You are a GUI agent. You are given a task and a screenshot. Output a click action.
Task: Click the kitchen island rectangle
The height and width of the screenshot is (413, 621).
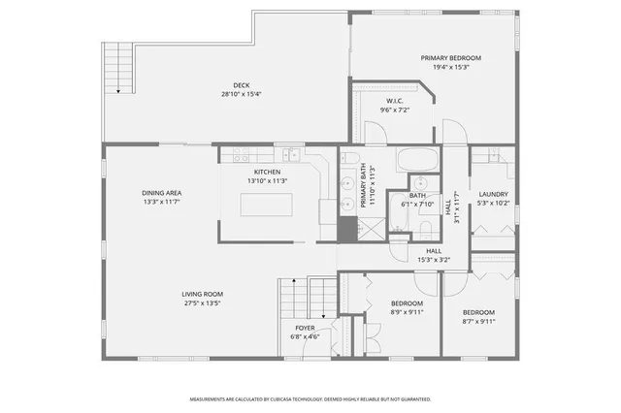(x=267, y=205)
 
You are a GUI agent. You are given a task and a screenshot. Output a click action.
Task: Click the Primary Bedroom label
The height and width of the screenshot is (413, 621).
(x=450, y=58)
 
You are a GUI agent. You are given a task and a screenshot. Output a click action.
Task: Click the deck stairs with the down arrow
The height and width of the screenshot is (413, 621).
(x=118, y=68)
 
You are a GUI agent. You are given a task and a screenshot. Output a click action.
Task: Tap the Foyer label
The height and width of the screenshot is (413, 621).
(x=306, y=329)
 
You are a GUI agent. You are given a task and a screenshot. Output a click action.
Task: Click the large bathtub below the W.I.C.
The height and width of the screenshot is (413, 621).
(x=418, y=158)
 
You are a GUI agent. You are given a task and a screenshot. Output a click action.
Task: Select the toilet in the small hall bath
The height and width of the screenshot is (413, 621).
(x=425, y=228)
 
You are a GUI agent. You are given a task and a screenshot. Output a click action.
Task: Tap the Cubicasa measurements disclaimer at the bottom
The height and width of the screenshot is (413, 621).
(x=310, y=398)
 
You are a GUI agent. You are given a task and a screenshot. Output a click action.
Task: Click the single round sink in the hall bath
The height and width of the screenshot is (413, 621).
(x=421, y=184)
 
